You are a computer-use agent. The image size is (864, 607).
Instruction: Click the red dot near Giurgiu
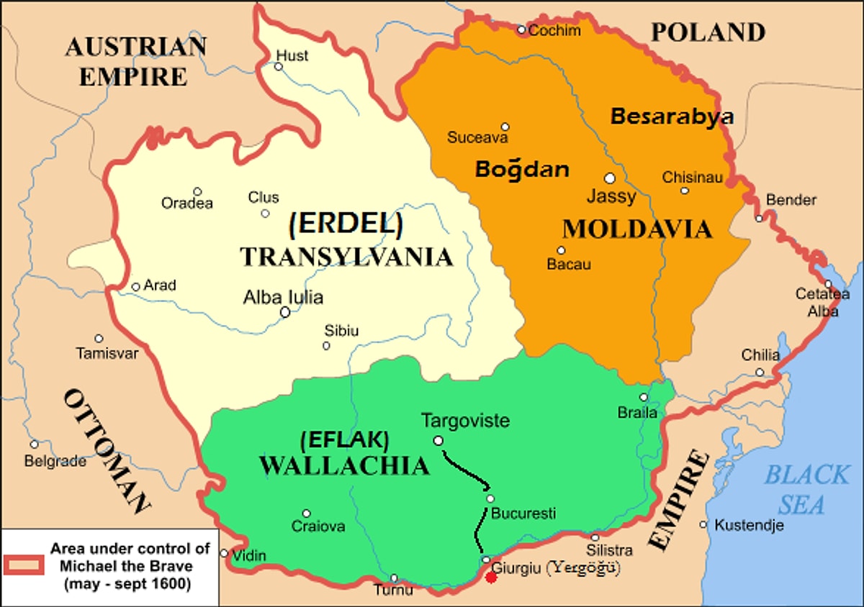(491, 577)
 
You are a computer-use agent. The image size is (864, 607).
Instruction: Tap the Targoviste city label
(465, 420)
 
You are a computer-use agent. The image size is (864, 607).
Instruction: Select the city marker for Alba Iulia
(285, 312)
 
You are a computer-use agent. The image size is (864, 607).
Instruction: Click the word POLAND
(707, 32)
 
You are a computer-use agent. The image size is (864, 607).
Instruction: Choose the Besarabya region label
(672, 117)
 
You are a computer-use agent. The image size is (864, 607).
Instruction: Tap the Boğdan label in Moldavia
(522, 169)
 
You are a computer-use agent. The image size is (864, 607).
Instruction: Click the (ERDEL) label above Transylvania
(345, 225)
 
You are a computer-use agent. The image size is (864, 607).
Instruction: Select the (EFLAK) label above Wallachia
(345, 439)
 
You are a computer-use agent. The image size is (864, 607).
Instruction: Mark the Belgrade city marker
(34, 444)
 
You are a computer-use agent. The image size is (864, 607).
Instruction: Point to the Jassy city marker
(610, 178)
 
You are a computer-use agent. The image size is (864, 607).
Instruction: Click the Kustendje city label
(749, 526)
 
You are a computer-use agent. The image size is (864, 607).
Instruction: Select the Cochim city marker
(522, 29)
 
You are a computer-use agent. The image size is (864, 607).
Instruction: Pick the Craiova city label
(318, 526)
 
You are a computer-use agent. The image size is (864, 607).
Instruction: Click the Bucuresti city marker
(490, 498)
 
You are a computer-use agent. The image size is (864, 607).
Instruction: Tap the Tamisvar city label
(107, 353)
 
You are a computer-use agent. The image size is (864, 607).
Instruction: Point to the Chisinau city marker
(685, 191)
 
